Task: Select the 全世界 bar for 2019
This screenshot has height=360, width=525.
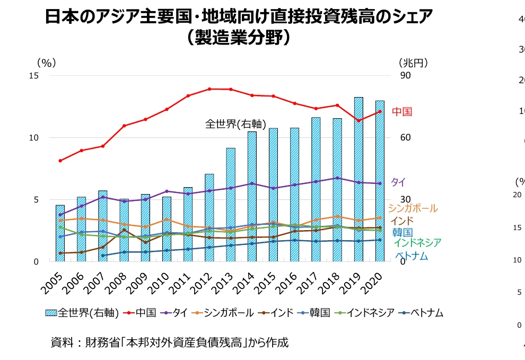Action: (x=358, y=180)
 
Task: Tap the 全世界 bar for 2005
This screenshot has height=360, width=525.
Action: (x=60, y=233)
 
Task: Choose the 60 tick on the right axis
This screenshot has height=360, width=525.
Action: (x=405, y=138)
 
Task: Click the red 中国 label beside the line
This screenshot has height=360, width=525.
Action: (x=402, y=112)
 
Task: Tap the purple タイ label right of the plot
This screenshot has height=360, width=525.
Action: (x=398, y=182)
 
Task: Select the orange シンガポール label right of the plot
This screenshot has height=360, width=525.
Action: (x=413, y=208)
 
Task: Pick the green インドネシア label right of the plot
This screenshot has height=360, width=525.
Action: (x=417, y=243)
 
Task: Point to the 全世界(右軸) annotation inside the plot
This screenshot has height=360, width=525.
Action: (x=235, y=124)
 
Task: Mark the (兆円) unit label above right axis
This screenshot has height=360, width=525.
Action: (x=413, y=63)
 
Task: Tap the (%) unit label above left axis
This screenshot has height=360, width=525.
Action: (x=46, y=63)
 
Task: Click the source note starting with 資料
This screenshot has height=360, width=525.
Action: (x=169, y=343)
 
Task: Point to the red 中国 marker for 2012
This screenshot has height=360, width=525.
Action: (x=209, y=89)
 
